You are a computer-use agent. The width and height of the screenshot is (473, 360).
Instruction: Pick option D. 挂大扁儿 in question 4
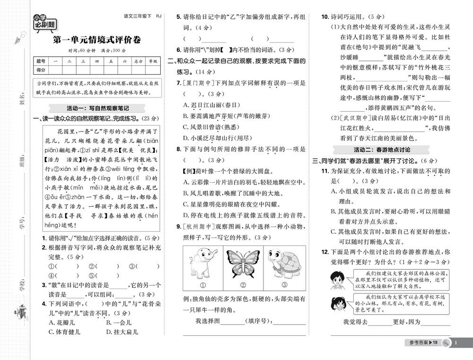pyautogui.click(x=122, y=332)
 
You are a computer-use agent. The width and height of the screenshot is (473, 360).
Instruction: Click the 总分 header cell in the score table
pyautogui.click(x=138, y=61)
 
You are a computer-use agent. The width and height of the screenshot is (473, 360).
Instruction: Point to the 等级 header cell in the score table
pyautogui.click(x=152, y=61)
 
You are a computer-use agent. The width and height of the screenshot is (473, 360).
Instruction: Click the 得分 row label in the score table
pyautogui.click(x=41, y=70)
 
